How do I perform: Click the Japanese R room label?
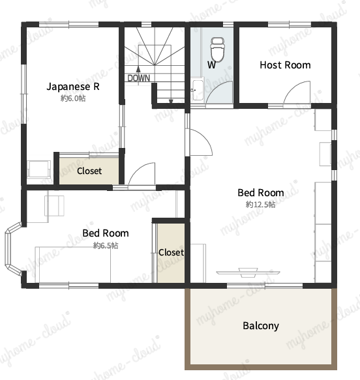tap(73, 87)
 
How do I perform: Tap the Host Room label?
tap(285, 65)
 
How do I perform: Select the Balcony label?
tap(261, 326)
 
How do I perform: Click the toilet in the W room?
tap(217, 49)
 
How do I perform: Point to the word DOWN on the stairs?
tap(139, 78)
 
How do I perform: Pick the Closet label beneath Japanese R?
tap(89, 171)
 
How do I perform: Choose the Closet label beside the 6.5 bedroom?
tap(171, 252)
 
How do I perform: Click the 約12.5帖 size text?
tap(261, 204)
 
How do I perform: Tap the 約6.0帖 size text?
tap(73, 98)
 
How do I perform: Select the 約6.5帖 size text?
tap(106, 246)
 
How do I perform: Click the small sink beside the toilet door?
tap(198, 90)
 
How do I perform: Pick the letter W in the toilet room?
tap(212, 65)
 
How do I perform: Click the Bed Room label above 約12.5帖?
tap(261, 193)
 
